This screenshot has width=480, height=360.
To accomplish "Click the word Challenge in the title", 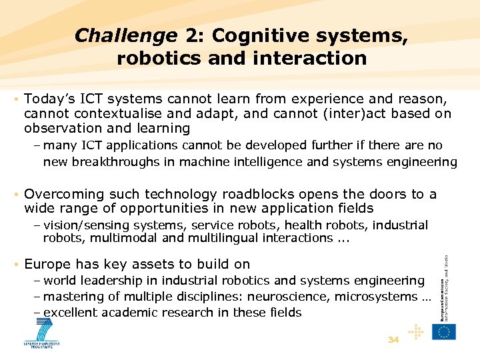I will (x=126, y=35).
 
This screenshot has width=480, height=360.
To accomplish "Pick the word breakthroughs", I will (x=117, y=161).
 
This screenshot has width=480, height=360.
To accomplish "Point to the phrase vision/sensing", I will (x=84, y=225).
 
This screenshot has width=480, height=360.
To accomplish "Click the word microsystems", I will (x=377, y=297).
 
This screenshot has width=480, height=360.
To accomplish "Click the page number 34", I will (x=393, y=339).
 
